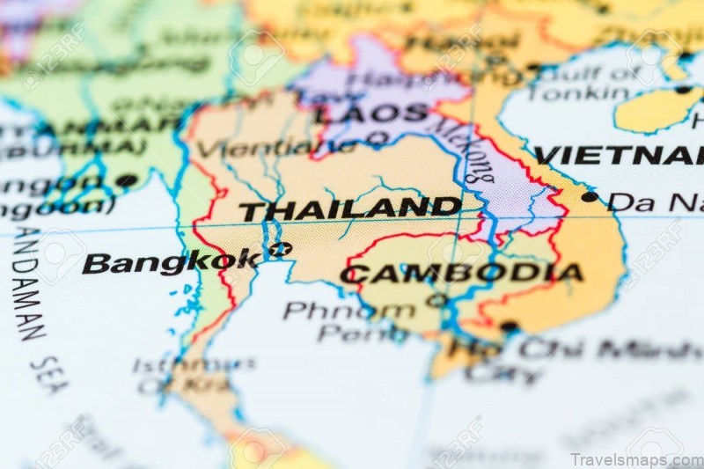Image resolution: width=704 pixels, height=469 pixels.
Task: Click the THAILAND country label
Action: pos(350,209)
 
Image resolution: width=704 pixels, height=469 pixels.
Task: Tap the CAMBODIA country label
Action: pos(461,274)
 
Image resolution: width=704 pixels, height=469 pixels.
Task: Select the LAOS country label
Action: pos(372,114)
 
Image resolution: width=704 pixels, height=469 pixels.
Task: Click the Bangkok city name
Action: pos(172,262)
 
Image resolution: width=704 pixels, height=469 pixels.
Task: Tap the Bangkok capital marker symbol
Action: pos(280,249)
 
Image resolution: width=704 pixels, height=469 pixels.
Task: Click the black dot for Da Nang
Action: pos(589,196)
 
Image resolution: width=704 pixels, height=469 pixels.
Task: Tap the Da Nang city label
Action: pos(651,202)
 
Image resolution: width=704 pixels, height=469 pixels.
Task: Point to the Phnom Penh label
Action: pos(352,322)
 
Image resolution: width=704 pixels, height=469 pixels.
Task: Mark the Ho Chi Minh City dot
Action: pos(509,326)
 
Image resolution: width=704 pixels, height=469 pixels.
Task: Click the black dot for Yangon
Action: pos(127,180)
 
